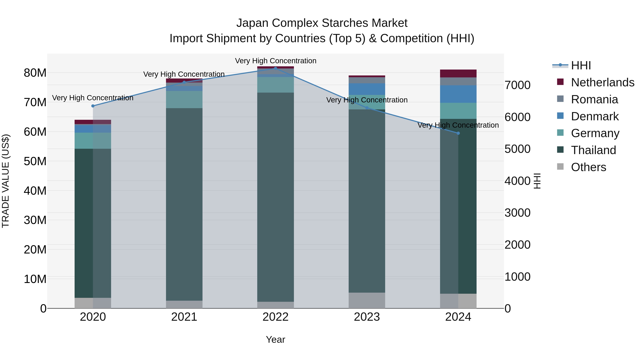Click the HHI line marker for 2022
[275, 68]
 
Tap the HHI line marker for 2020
[93, 106]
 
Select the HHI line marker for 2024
[458, 133]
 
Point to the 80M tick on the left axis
[35, 73]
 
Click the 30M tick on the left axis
[35, 220]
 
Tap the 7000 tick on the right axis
[517, 85]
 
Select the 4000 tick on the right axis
[517, 181]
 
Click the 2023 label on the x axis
[367, 317]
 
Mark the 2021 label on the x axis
[184, 317]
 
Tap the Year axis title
[275, 339]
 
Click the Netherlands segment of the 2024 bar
[458, 73]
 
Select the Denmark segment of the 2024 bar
[458, 94]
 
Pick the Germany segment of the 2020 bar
[93, 141]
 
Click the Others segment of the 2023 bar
[367, 300]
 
